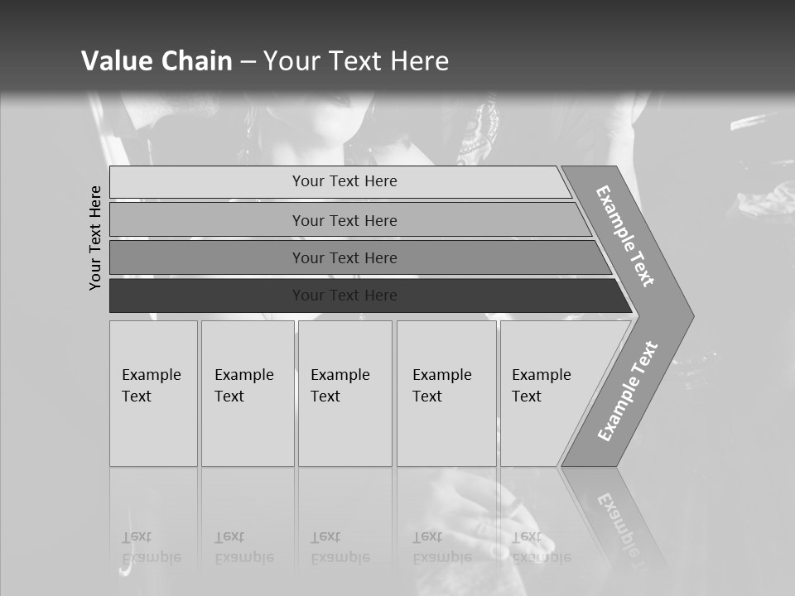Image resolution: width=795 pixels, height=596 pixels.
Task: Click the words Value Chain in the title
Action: [x=157, y=61]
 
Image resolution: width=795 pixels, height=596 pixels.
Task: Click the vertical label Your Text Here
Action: [x=95, y=238]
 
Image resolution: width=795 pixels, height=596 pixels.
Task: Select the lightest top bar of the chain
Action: [x=207, y=182]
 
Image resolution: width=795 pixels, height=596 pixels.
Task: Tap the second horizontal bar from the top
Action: [x=207, y=220]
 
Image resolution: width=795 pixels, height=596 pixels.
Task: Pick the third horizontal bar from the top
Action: [x=207, y=257]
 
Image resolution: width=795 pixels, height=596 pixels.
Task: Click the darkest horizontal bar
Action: [x=207, y=296]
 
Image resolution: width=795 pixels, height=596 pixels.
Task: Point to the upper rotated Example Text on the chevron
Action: [x=625, y=236]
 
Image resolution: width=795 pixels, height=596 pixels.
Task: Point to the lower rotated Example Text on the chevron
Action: [x=628, y=392]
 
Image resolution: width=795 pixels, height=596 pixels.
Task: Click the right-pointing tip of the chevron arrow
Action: [x=687, y=315]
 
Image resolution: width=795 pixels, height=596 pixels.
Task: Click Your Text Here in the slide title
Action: [x=356, y=61]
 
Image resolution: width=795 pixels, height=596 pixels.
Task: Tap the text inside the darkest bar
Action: [x=344, y=296]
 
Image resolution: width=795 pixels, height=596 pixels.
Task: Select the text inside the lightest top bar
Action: [x=344, y=181]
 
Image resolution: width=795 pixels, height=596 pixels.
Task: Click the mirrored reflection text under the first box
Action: [x=152, y=547]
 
